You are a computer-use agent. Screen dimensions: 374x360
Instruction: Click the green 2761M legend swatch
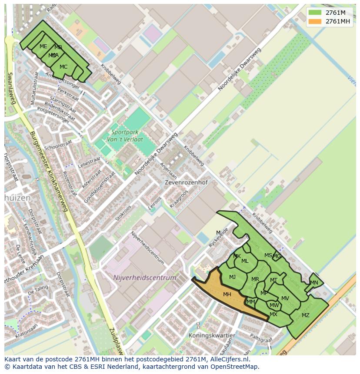pos(315,13)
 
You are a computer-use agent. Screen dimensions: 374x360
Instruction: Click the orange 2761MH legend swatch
pos(315,21)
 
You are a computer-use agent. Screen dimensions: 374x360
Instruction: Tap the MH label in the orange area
pos(227,295)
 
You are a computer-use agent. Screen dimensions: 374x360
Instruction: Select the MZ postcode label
pos(306,315)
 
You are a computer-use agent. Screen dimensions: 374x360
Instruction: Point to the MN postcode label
pos(314,283)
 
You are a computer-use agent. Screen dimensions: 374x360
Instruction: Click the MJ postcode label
pos(233,277)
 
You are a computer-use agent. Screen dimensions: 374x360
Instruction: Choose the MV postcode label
pos(285,298)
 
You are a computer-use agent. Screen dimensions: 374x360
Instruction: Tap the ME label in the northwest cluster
pos(43,46)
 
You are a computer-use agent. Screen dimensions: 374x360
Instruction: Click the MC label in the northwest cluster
pos(63,67)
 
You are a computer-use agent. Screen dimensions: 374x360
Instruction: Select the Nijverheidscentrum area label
pos(145,278)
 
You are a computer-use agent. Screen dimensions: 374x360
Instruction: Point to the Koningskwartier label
pos(212,336)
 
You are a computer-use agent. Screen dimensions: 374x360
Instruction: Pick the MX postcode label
pos(273,314)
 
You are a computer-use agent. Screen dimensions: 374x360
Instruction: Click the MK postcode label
pos(237,256)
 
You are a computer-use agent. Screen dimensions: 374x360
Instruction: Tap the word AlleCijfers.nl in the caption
pos(228,360)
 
